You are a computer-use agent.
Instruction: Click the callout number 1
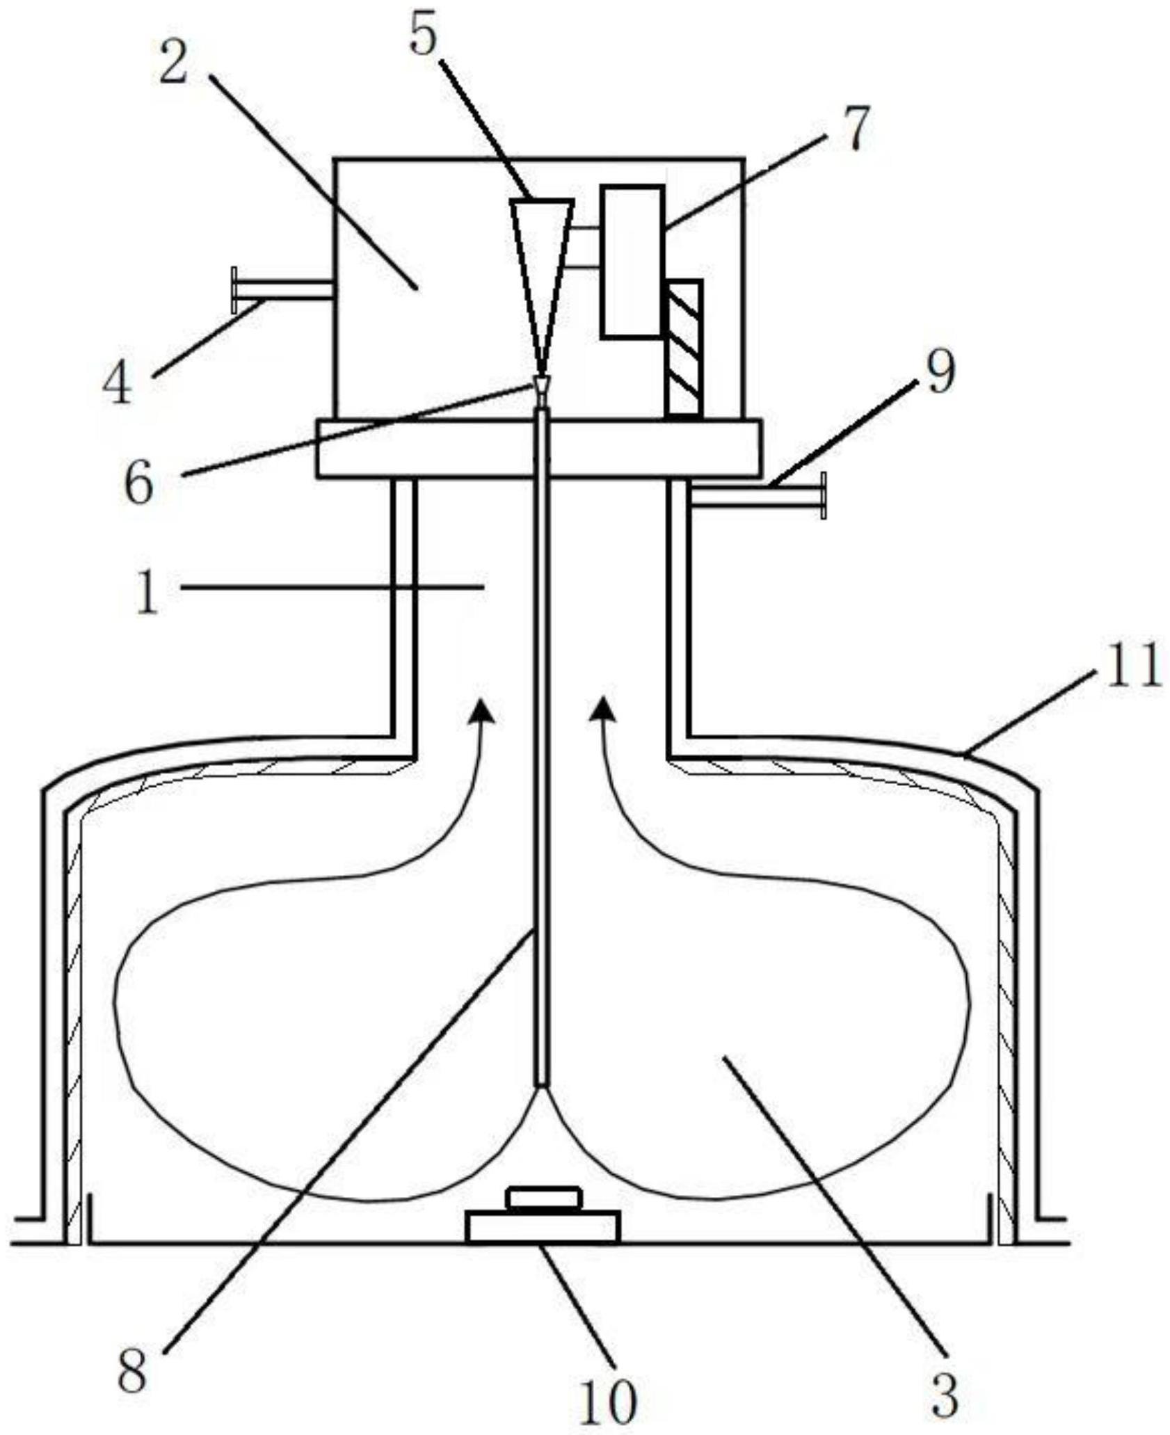coord(147,593)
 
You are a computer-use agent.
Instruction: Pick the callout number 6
coord(138,481)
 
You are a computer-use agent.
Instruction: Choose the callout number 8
coord(131,1367)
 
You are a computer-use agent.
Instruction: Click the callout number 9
coord(938,372)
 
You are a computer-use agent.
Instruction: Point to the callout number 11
coord(1133,664)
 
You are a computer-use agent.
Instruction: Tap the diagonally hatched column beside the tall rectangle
coord(683,348)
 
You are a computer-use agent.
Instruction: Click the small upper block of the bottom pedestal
coord(543,1198)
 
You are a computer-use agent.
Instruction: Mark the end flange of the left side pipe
coord(234,289)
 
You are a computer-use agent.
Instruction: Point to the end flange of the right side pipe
coord(824,495)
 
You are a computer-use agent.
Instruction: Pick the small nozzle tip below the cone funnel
coord(540,385)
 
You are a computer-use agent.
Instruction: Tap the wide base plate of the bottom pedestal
coord(543,1226)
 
